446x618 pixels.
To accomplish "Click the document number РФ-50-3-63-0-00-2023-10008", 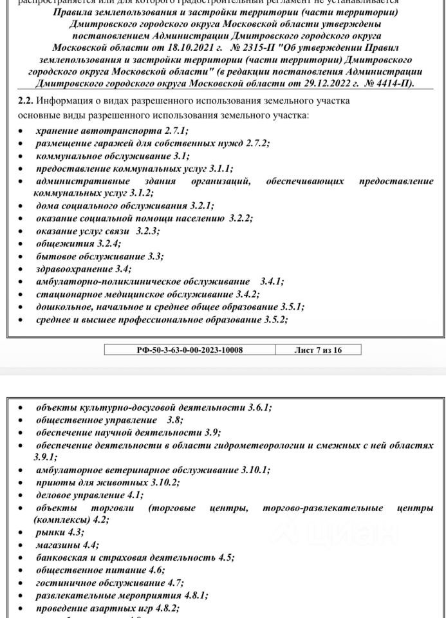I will click(190, 350).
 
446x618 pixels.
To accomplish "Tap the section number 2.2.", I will click(23, 102).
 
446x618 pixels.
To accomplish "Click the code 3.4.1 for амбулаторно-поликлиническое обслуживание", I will click(272, 281).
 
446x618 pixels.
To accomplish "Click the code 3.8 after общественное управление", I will click(167, 420).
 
